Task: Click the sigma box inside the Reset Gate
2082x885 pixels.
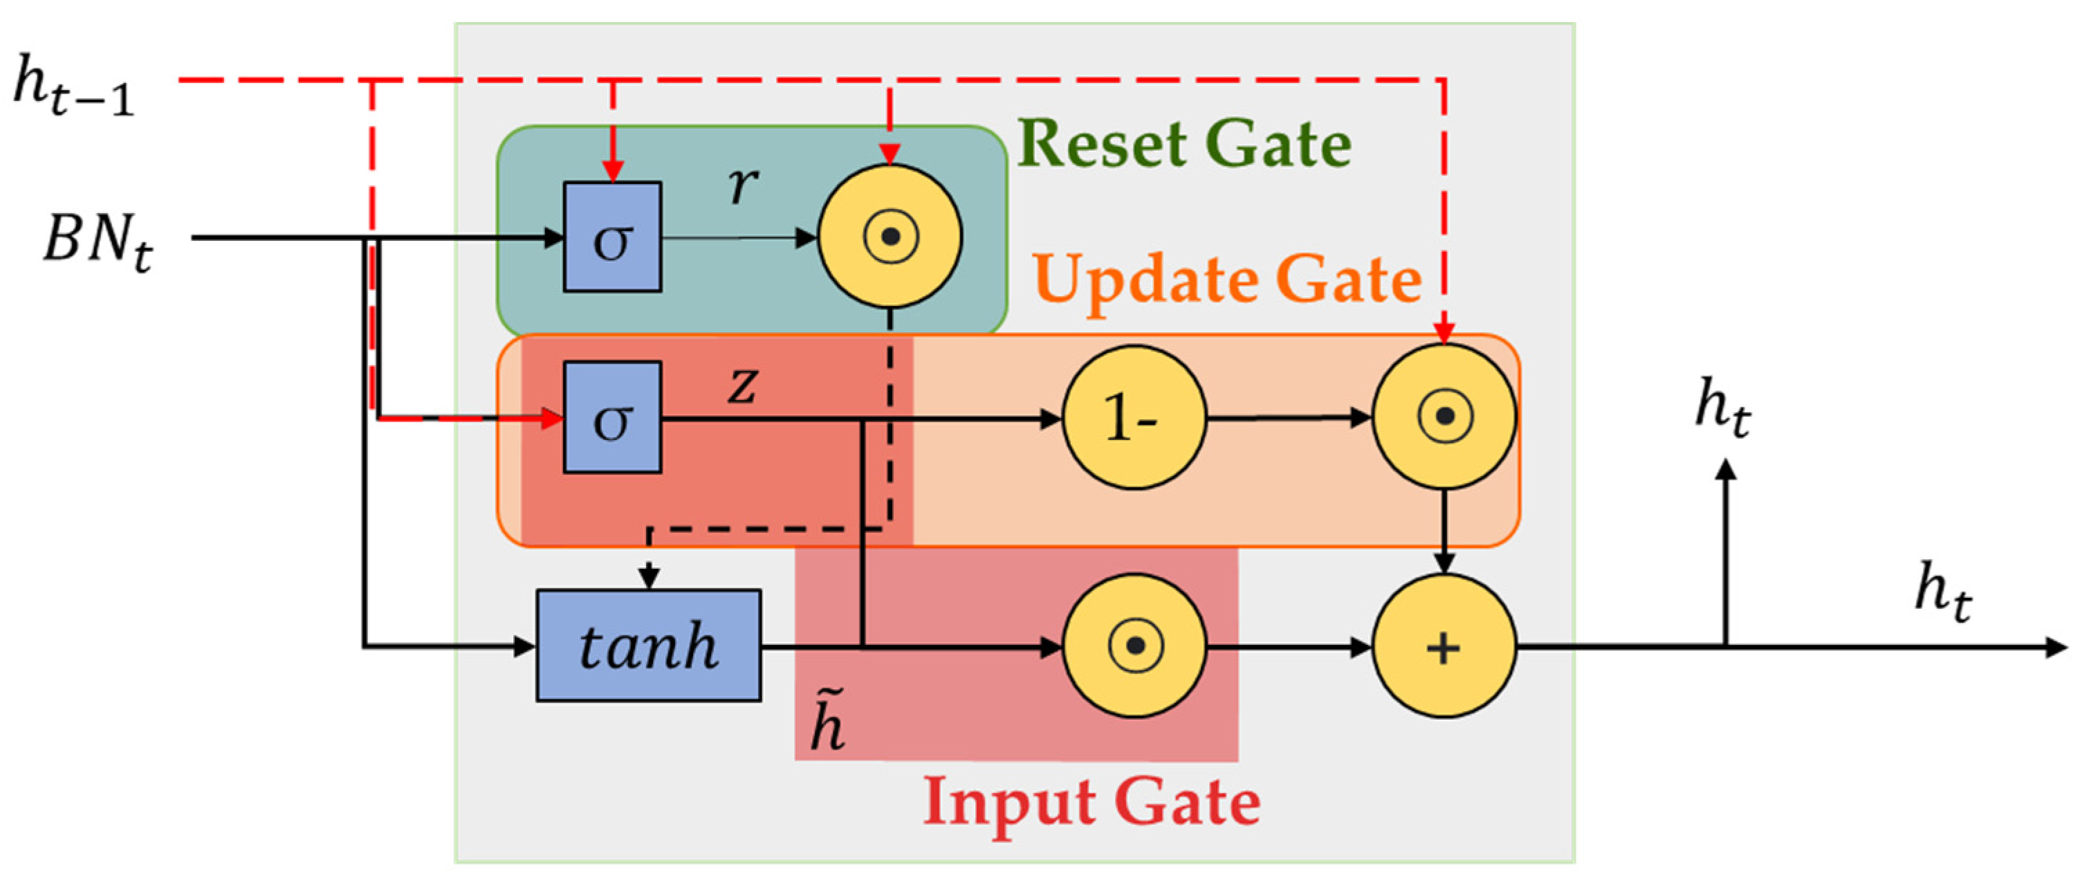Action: (x=612, y=237)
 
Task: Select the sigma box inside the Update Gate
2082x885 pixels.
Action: (x=612, y=417)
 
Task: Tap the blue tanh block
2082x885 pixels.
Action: (x=648, y=645)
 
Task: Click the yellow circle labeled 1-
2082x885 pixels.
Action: (x=1133, y=417)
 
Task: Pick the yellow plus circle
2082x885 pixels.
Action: (x=1444, y=646)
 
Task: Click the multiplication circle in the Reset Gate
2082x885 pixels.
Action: (x=890, y=237)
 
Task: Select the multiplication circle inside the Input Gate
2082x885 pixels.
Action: (x=1134, y=646)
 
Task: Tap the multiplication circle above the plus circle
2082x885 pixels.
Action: (x=1444, y=417)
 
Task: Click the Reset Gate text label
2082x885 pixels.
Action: (x=1184, y=144)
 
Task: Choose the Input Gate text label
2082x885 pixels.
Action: (x=1091, y=802)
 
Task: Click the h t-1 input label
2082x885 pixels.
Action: (x=73, y=87)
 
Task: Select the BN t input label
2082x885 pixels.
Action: (x=97, y=241)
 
